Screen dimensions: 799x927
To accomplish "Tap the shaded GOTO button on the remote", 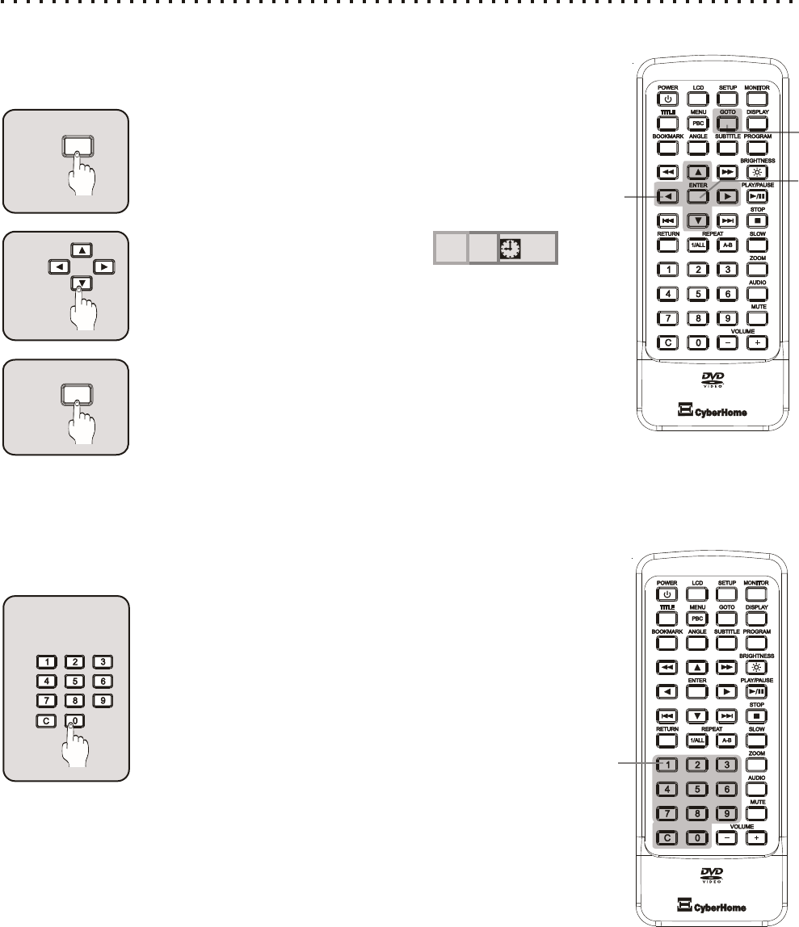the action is [727, 124].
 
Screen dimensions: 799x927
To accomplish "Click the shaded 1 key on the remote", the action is [667, 765].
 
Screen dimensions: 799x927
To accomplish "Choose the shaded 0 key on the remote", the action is [698, 837].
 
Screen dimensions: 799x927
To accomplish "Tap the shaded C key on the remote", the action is [667, 837].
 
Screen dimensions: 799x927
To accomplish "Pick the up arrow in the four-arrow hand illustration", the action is [81, 250].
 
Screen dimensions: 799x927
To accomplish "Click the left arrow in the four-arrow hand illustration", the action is [57, 266].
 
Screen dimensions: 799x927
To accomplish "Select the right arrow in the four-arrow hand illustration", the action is [103, 266].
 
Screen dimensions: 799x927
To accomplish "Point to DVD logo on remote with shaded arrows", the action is [708, 380].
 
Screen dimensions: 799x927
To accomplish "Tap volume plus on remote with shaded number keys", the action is [756, 838].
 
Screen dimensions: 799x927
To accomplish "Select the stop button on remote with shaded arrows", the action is [756, 220].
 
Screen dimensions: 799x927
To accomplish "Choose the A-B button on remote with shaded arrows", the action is [727, 244].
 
